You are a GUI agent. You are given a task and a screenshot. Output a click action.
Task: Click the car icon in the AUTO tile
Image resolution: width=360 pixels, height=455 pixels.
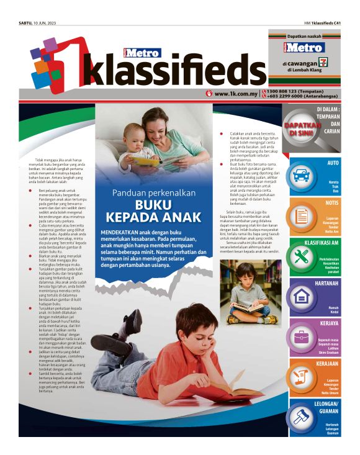300,176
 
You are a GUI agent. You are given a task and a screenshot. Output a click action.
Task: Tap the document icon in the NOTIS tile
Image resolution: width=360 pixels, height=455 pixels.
301,216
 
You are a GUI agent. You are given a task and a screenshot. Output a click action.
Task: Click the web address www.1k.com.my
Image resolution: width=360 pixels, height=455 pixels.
235,94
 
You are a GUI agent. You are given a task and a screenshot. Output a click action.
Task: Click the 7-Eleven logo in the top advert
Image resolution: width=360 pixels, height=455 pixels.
322,63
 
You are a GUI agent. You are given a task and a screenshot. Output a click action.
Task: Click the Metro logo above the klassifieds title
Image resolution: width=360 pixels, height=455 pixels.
142,52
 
